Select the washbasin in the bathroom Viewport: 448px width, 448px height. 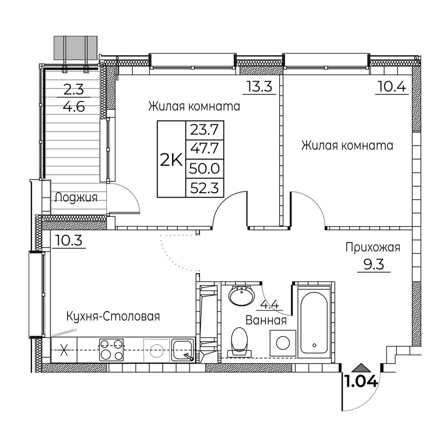click(242, 295)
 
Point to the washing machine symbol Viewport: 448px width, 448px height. click(283, 343)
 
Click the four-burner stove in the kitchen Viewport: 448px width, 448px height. click(112, 350)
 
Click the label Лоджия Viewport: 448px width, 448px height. click(76, 197)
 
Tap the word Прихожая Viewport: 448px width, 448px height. click(373, 247)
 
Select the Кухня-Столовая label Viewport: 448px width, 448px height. click(113, 316)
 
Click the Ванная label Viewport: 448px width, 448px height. click(266, 320)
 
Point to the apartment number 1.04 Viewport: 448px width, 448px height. click(362, 382)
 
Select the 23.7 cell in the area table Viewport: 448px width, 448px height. click(205, 130)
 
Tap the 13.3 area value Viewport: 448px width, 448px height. click(259, 86)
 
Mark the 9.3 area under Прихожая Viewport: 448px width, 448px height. click(374, 265)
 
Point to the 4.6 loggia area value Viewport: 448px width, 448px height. click(74, 107)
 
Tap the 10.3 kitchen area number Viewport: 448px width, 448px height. click(69, 241)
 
